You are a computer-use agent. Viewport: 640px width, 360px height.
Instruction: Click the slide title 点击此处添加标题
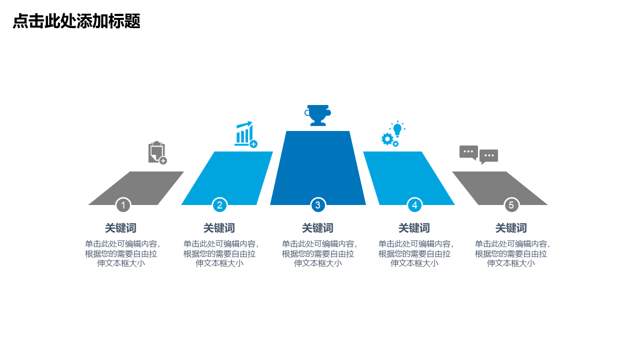click(76, 21)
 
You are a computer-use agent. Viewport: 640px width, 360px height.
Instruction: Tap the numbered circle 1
click(123, 205)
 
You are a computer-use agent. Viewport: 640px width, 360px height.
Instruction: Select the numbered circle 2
click(219, 205)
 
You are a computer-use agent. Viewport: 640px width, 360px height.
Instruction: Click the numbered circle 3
click(317, 205)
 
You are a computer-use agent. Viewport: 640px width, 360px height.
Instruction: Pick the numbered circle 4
click(414, 205)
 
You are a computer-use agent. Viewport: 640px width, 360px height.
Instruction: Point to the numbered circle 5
click(511, 205)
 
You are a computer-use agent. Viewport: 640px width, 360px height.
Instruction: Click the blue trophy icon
click(317, 115)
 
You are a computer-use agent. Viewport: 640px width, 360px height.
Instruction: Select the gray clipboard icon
click(157, 152)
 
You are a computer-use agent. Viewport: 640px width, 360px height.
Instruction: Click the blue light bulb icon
click(397, 128)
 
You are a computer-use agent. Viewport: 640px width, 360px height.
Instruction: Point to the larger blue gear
click(387, 139)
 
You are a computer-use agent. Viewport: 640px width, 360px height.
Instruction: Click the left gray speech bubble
click(468, 152)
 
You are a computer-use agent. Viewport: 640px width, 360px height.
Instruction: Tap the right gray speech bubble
click(488, 156)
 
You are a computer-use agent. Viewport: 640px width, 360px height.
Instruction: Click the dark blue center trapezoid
click(317, 168)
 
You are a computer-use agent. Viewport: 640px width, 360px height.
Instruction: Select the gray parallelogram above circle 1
click(136, 188)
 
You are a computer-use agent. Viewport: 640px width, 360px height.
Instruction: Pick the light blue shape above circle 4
click(409, 178)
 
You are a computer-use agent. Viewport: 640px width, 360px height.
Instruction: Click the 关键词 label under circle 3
click(317, 228)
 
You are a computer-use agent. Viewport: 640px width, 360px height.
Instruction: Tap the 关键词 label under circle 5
click(511, 228)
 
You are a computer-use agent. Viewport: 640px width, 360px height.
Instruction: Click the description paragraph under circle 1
click(122, 253)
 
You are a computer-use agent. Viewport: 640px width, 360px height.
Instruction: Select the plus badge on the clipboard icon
click(163, 161)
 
